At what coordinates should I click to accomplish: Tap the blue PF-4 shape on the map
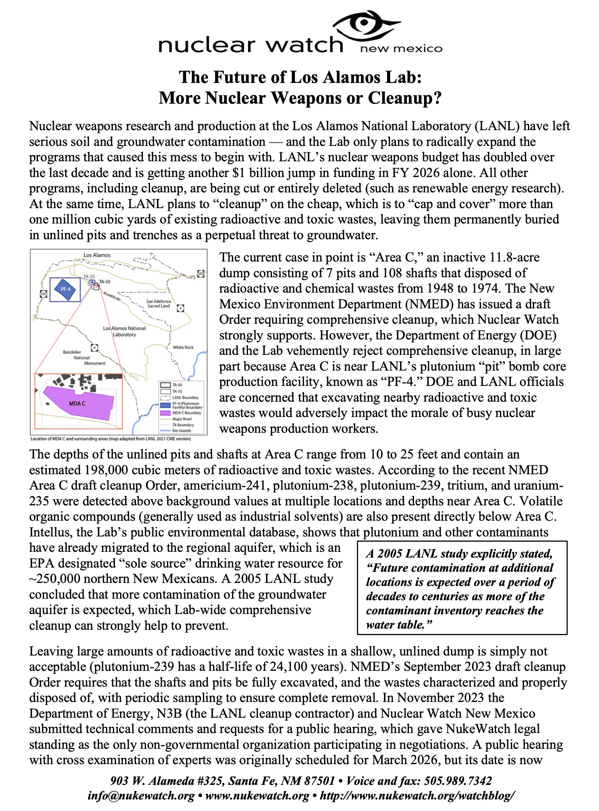(65, 289)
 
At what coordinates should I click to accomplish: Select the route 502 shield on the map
(201, 274)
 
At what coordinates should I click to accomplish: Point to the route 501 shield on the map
(43, 294)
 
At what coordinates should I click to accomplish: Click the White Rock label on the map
(183, 347)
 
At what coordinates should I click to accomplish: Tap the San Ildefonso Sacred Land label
(159, 304)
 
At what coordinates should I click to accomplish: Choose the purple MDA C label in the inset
(77, 404)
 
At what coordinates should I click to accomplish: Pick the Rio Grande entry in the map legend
(182, 430)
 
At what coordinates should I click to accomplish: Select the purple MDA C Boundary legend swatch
(165, 413)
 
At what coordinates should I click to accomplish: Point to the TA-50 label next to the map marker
(104, 281)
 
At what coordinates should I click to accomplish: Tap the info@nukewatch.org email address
(141, 796)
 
